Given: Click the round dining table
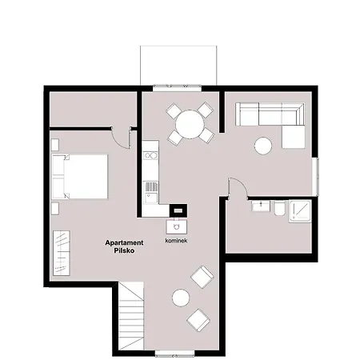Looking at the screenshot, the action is pyautogui.click(x=190, y=124).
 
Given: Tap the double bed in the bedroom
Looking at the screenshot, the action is pyautogui.click(x=80, y=176).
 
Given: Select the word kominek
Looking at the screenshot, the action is pyautogui.click(x=176, y=241).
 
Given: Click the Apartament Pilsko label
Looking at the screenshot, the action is pyautogui.click(x=124, y=246).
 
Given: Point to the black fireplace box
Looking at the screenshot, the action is pyautogui.click(x=178, y=210).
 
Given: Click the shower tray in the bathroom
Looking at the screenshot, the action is pyautogui.click(x=300, y=211).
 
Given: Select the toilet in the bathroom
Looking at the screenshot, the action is pyautogui.click(x=279, y=208).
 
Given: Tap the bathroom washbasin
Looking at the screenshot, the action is pyautogui.click(x=261, y=206).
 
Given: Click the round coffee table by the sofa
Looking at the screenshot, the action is pyautogui.click(x=263, y=146).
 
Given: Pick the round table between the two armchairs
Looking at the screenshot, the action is pyautogui.click(x=181, y=298).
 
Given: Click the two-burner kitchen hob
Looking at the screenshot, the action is pyautogui.click(x=150, y=156).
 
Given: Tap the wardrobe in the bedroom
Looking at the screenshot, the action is pyautogui.click(x=62, y=253).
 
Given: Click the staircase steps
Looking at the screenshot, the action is pyautogui.click(x=131, y=318).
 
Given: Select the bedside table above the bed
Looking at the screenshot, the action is pyautogui.click(x=55, y=145).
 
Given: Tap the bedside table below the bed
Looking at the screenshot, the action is pyautogui.click(x=55, y=208).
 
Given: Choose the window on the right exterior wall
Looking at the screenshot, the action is pyautogui.click(x=315, y=176).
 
